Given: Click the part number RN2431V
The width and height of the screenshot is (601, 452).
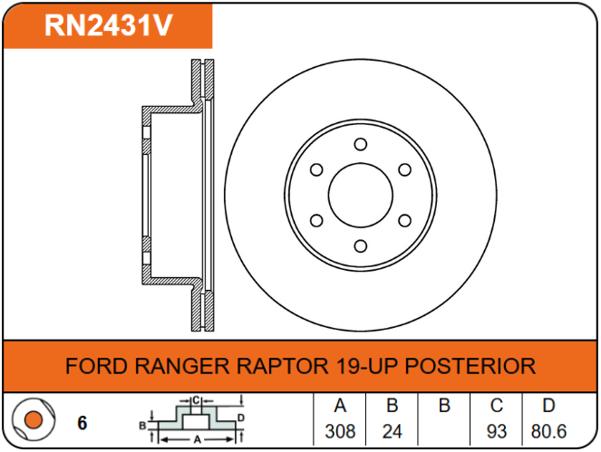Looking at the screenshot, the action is click(x=109, y=25).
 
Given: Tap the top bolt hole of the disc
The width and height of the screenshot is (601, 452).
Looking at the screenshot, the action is click(x=360, y=144).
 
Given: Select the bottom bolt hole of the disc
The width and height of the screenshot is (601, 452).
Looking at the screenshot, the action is click(x=360, y=245).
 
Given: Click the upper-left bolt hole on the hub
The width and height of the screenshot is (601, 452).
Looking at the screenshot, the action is click(x=316, y=169).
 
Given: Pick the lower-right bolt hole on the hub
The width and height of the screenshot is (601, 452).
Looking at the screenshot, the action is click(x=405, y=221).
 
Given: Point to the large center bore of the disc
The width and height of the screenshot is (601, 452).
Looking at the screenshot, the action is click(x=361, y=195).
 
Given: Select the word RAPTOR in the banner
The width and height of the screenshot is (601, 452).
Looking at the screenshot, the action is click(x=283, y=366).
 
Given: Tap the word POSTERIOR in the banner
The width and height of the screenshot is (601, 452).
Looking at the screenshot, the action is click(x=470, y=366).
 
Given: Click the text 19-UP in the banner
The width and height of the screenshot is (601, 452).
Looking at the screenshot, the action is click(x=367, y=366).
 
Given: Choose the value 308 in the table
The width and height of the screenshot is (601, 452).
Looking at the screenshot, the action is click(x=340, y=431).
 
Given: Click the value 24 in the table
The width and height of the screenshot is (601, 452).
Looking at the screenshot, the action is click(x=393, y=431).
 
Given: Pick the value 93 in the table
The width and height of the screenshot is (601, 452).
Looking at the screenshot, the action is click(x=497, y=431).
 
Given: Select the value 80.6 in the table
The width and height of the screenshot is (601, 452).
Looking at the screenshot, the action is click(x=548, y=431).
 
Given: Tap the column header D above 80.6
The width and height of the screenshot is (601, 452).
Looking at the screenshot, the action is click(x=548, y=405).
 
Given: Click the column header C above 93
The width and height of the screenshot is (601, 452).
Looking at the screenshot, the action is click(x=497, y=405).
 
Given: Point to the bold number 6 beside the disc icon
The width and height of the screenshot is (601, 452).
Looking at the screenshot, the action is click(x=82, y=423).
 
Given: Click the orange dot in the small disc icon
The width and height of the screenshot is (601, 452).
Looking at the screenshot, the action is click(x=33, y=419).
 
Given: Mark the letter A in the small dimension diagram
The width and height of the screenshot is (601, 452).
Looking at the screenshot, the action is click(x=197, y=439).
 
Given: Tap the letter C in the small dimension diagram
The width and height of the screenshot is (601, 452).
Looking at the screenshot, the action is click(x=196, y=400).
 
